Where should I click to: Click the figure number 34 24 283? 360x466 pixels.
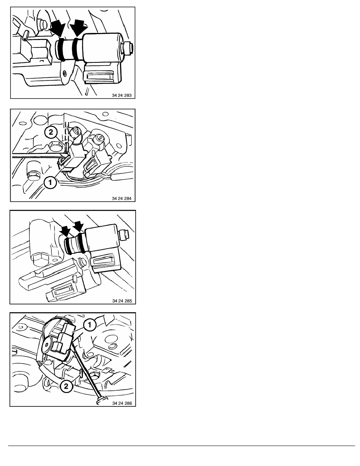[x=122, y=95]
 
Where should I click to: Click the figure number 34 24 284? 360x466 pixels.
[x=122, y=198]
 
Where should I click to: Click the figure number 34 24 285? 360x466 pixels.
[x=122, y=301]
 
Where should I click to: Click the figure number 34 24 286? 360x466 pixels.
[x=122, y=403]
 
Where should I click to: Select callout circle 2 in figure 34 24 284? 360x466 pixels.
[x=51, y=132]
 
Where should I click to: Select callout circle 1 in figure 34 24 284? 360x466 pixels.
[x=50, y=182]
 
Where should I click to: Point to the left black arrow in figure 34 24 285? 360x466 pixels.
[x=65, y=231]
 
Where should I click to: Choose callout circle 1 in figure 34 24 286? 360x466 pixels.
[x=89, y=325]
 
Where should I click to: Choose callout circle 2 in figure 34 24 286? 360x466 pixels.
[x=66, y=386]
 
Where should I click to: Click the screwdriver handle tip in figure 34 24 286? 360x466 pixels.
[x=100, y=400]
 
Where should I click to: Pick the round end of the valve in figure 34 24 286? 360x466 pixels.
[x=47, y=346]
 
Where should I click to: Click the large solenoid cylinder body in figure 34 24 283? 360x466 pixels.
[x=102, y=48]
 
